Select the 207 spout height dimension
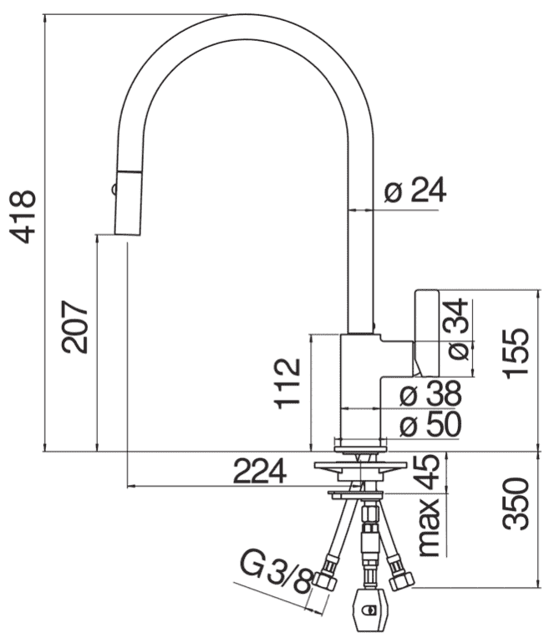76,326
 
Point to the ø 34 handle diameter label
455,330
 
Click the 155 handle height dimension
519,353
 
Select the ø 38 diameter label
430,392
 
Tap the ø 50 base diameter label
430,426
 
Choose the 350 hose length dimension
519,503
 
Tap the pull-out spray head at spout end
128,202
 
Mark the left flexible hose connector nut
328,579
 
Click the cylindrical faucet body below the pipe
360,385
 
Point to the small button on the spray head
112,189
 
